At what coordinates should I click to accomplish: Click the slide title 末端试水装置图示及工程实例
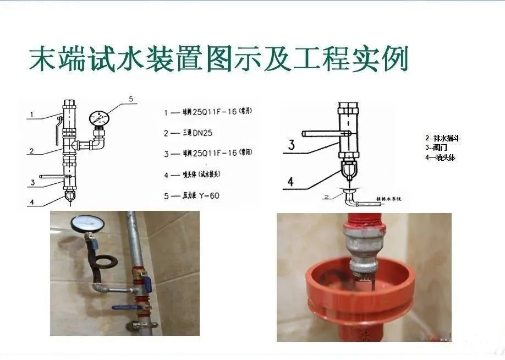218,59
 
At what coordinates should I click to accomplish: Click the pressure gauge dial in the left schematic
100,118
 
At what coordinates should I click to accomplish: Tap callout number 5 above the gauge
131,99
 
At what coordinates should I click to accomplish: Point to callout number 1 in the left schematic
32,115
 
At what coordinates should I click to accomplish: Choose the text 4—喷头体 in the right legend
440,157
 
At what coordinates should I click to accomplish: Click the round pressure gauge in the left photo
83,222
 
